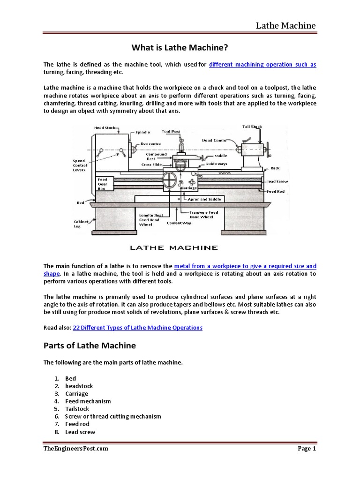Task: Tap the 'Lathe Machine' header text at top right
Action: (285, 25)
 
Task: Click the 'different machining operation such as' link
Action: (262, 65)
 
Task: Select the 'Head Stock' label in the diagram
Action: (105, 127)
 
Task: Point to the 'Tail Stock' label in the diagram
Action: (252, 127)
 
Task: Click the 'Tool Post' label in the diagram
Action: (171, 132)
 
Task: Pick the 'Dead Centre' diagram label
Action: (214, 140)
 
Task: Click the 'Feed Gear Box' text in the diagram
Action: (103, 184)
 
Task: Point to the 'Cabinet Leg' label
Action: (81, 224)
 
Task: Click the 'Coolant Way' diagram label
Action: (179, 223)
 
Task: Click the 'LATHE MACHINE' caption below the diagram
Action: (173, 247)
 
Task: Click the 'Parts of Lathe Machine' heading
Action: (90, 346)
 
